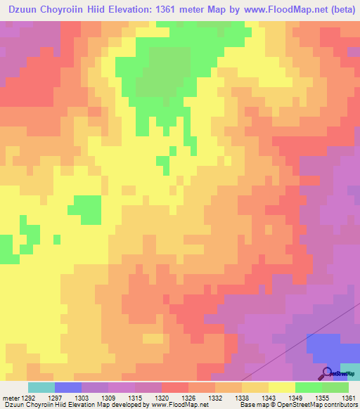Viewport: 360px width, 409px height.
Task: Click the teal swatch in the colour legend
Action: pos(41,387)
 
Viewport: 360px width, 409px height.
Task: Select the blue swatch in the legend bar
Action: pos(68,387)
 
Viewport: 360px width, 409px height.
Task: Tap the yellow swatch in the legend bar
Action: pos(281,387)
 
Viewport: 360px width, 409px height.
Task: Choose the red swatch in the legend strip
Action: pos(174,387)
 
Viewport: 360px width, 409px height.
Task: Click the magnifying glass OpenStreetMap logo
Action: pos(327,372)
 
